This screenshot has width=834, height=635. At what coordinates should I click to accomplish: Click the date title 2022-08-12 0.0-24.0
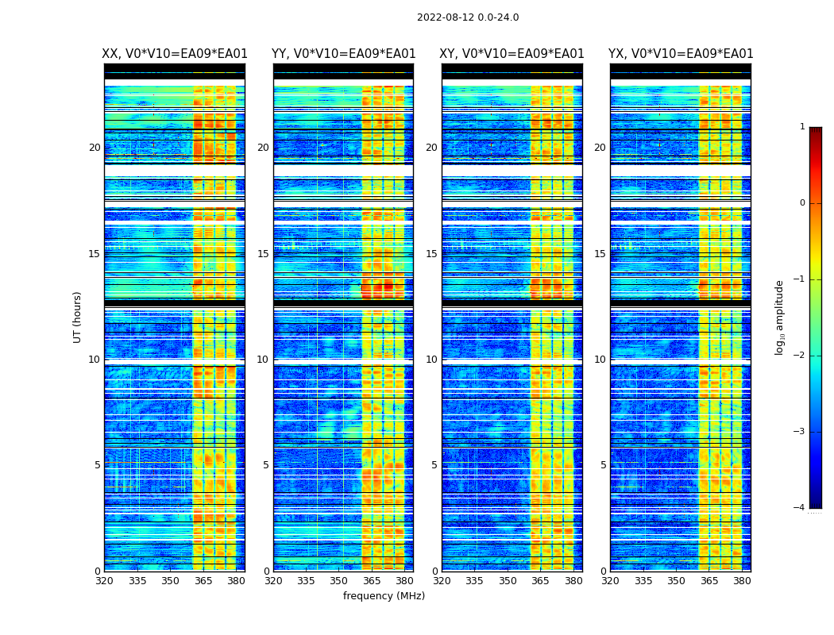click(468, 17)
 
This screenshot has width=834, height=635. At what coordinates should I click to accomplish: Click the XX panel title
click(175, 54)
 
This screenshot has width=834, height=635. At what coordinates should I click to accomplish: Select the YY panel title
click(343, 54)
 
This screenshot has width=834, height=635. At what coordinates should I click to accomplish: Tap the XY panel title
click(512, 54)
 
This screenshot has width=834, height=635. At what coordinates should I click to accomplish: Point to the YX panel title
click(681, 54)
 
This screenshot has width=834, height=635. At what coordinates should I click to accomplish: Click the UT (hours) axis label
click(78, 317)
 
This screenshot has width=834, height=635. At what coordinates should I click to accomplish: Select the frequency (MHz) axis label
click(384, 596)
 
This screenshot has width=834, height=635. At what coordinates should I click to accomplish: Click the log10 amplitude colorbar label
click(780, 317)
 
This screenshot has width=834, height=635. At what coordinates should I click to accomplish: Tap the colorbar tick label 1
click(802, 127)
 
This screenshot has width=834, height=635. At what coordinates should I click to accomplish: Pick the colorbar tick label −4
click(800, 508)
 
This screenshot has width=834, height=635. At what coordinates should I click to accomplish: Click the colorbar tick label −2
click(800, 356)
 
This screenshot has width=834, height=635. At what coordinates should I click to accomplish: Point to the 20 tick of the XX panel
click(95, 148)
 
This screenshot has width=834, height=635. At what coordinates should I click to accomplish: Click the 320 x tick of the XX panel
click(104, 580)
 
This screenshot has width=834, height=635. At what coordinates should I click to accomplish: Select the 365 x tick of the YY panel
click(372, 580)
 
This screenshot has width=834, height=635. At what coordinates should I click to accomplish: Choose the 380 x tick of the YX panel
click(742, 580)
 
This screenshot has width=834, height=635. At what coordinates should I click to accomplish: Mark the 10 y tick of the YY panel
click(263, 360)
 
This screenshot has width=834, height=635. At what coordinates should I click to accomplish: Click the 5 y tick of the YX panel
click(604, 465)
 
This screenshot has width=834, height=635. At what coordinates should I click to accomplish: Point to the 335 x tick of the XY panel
click(475, 580)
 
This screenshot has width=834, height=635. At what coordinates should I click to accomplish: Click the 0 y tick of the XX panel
click(98, 571)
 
